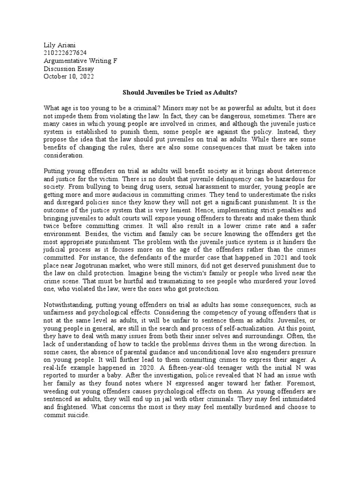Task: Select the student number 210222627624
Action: [65, 53]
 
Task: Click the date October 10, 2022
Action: [68, 77]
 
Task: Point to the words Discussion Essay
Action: [68, 69]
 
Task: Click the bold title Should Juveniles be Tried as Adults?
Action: [180, 93]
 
